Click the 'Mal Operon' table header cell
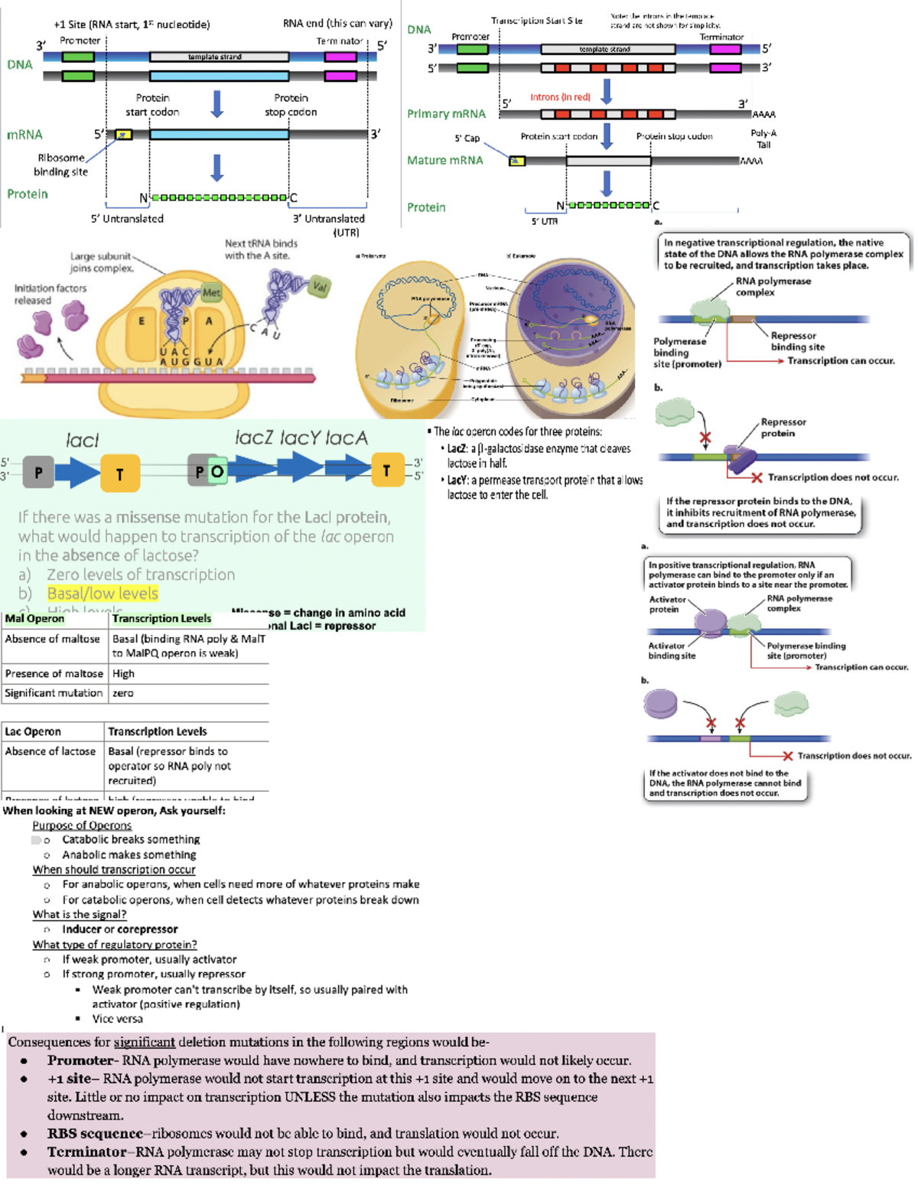pos(34,618)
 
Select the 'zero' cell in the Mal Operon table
pos(123,693)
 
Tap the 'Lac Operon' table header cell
pos(33,731)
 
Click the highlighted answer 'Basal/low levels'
pos(103,594)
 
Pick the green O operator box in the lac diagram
pos(217,471)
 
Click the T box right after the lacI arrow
pos(119,474)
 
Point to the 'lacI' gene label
pos(83,440)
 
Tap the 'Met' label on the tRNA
pos(211,292)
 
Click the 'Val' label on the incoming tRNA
pos(320,287)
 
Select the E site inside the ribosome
pos(142,322)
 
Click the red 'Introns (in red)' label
pos(560,97)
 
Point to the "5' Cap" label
pos(467,138)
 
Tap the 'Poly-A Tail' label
pos(763,138)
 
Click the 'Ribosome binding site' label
pos(62,164)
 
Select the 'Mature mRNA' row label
pos(444,161)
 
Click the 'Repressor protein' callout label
pos(783,428)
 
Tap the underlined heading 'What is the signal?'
pos(79,915)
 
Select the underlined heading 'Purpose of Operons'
pos(82,825)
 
